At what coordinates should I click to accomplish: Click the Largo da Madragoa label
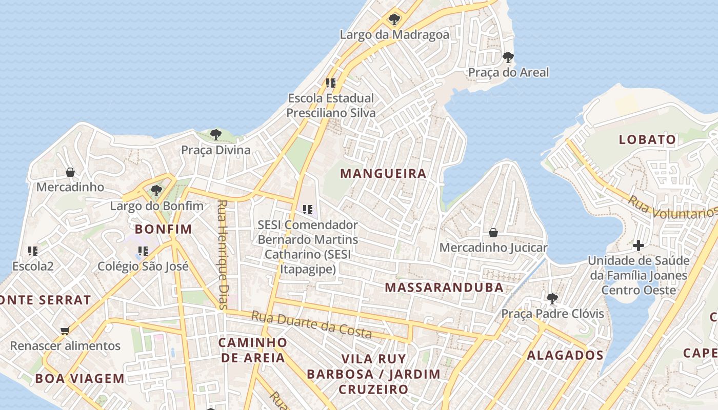[394, 35]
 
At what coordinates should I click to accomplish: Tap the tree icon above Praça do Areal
[508, 57]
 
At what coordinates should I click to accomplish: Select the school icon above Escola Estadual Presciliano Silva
[331, 83]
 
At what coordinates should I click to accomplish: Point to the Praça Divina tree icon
[216, 135]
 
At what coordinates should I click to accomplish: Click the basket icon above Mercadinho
[70, 172]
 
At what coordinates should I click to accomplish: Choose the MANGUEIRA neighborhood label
[383, 174]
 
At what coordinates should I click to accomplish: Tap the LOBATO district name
[647, 139]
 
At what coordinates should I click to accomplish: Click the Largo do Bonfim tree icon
[156, 191]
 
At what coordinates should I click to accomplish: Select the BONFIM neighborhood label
[163, 229]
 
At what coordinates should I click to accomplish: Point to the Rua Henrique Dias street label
[222, 254]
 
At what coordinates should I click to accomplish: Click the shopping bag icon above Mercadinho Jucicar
[493, 233]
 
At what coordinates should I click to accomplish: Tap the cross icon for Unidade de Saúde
[638, 245]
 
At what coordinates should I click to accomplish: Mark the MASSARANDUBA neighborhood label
[444, 287]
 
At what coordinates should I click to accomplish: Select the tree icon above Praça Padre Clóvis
[552, 298]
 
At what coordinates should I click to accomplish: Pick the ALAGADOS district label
[565, 355]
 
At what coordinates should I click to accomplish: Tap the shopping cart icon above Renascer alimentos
[65, 331]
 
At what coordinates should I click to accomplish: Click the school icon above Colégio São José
[143, 251]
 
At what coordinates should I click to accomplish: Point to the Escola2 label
[33, 266]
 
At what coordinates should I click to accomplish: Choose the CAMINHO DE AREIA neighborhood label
[253, 350]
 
